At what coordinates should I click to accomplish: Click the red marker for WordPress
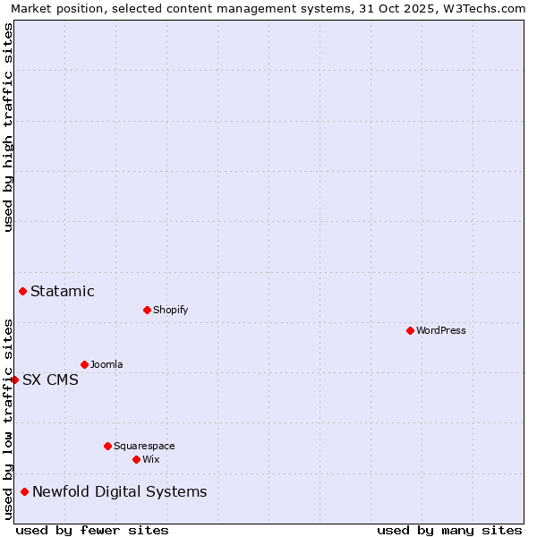pyautogui.click(x=410, y=330)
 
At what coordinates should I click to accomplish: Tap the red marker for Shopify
pyautogui.click(x=147, y=310)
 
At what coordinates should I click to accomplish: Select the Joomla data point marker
pyautogui.click(x=84, y=364)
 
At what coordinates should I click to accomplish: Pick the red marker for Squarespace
pyautogui.click(x=107, y=446)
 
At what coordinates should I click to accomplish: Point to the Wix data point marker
pyautogui.click(x=136, y=459)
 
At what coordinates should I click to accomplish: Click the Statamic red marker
pyautogui.click(x=22, y=291)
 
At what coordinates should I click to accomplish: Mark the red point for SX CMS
pyautogui.click(x=14, y=379)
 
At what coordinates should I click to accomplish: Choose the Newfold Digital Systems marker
pyautogui.click(x=24, y=491)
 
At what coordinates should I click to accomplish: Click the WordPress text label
pyautogui.click(x=441, y=330)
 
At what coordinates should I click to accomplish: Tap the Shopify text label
pyautogui.click(x=170, y=310)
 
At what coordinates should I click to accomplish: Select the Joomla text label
pyautogui.click(x=107, y=364)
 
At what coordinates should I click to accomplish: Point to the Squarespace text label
pyautogui.click(x=144, y=446)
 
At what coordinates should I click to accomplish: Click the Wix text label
pyautogui.click(x=150, y=459)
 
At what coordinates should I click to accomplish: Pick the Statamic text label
pyautogui.click(x=63, y=291)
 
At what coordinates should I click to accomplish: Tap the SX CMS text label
pyautogui.click(x=50, y=379)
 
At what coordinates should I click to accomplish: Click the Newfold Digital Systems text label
pyautogui.click(x=119, y=491)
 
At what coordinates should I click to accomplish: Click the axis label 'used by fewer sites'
pyautogui.click(x=92, y=530)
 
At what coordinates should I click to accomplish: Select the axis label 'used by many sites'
pyautogui.click(x=449, y=530)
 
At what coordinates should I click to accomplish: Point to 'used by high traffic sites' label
pyautogui.click(x=8, y=127)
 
